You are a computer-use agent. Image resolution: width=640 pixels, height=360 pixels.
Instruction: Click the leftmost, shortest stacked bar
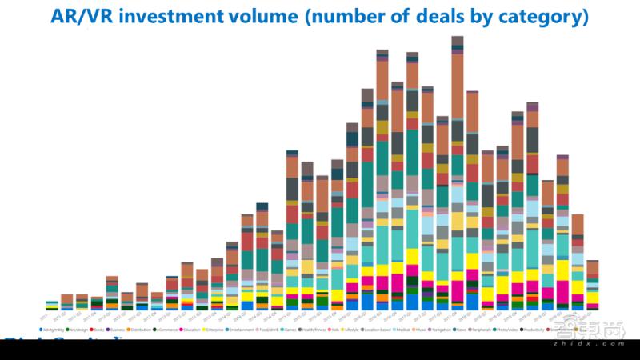click(x=52, y=305)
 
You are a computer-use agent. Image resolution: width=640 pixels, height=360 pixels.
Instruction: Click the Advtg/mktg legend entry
click(x=52, y=329)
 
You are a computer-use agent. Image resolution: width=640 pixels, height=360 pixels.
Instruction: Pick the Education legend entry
click(x=192, y=329)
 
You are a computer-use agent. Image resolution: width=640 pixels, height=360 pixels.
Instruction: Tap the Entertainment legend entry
click(x=241, y=329)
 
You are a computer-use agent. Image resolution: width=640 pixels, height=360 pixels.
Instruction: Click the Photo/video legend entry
click(x=504, y=329)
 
